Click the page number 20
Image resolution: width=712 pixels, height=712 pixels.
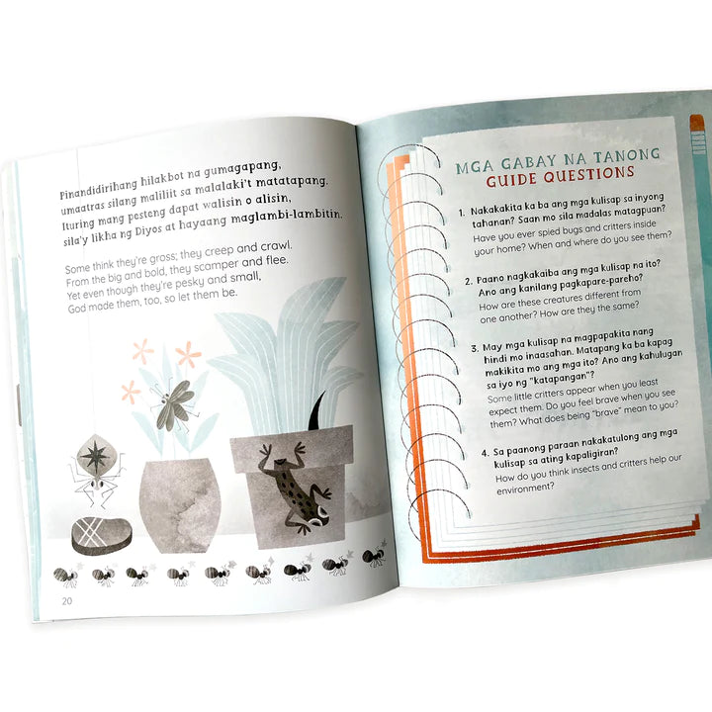[67, 601]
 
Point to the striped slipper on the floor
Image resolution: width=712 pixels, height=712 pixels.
[101, 536]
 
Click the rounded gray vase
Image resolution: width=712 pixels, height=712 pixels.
[180, 504]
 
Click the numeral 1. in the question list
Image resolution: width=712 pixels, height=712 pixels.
[462, 213]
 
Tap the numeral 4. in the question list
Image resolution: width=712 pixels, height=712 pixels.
[486, 453]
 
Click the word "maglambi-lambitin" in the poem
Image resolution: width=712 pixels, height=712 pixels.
[285, 216]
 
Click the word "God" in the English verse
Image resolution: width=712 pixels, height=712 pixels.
[77, 308]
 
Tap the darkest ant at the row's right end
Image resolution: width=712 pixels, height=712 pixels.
[374, 557]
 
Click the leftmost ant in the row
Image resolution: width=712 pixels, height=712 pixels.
[65, 576]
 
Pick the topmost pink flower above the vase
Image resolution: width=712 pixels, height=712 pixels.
[143, 350]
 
